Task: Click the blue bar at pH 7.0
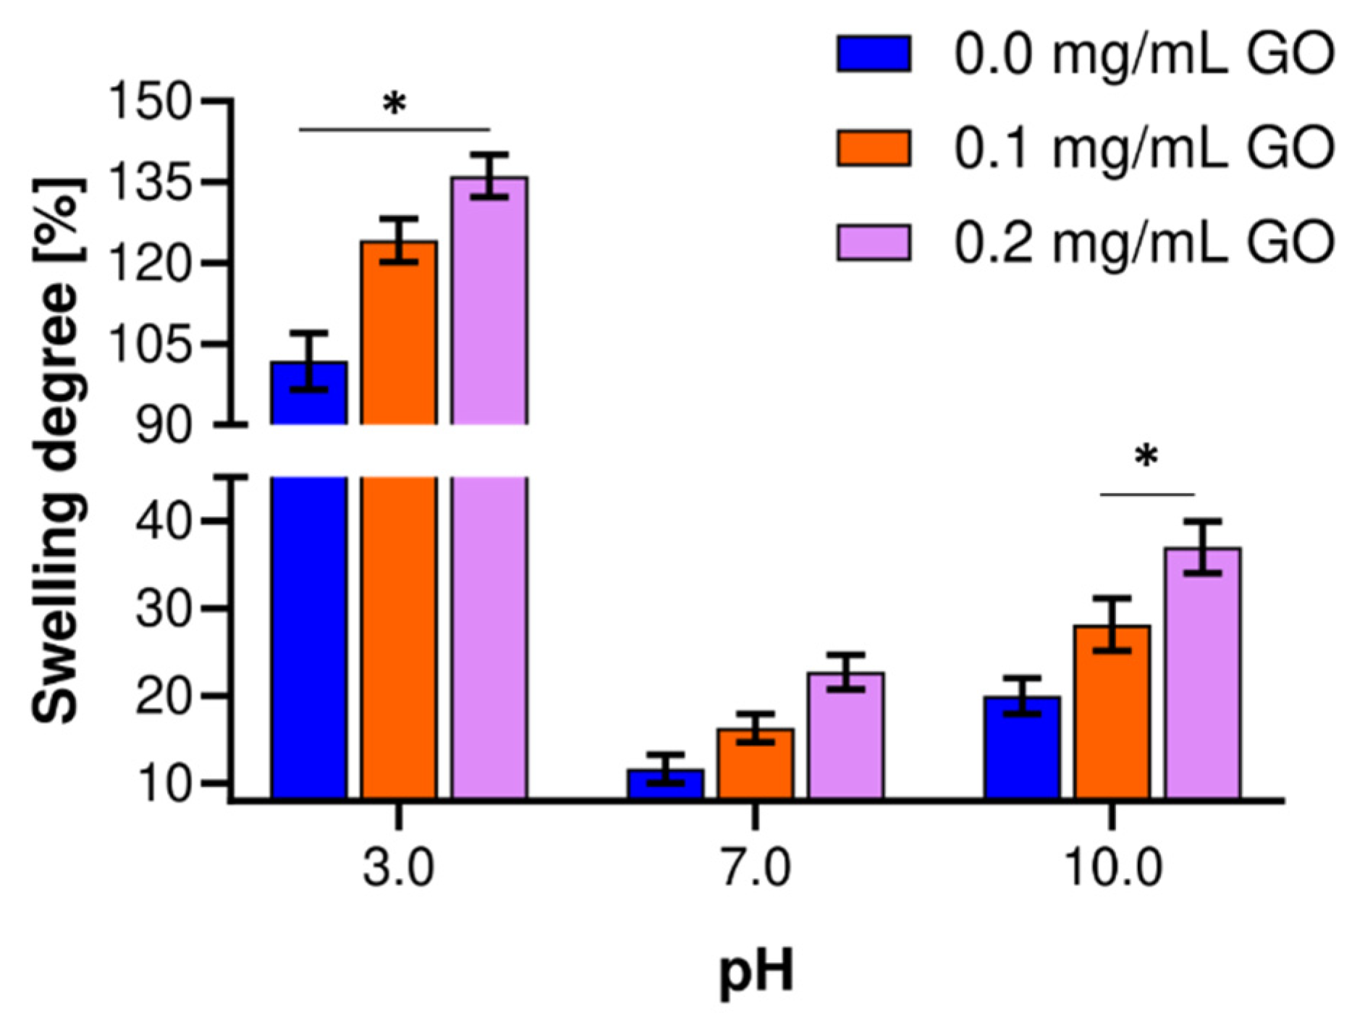(x=665, y=785)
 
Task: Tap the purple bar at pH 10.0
(x=1202, y=673)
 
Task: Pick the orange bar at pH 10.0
(x=1112, y=712)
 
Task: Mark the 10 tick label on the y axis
(x=164, y=785)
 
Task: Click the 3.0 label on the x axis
(x=399, y=869)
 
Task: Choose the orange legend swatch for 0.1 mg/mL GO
(x=874, y=148)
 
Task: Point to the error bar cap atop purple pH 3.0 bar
(x=489, y=154)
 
